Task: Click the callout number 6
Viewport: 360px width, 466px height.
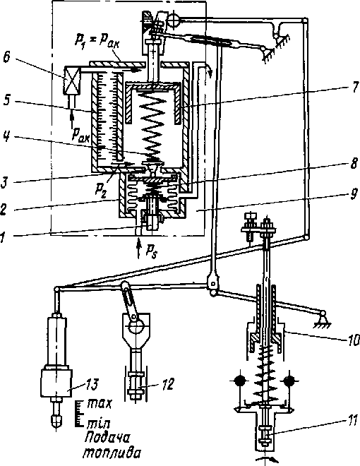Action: point(7,57)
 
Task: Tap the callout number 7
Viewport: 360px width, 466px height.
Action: point(354,88)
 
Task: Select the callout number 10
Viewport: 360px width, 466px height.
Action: point(354,340)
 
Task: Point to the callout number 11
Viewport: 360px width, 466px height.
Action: point(352,421)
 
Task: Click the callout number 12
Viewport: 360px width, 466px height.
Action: point(168,384)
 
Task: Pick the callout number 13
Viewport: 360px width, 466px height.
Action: point(91,384)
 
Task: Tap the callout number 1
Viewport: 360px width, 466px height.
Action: point(3,237)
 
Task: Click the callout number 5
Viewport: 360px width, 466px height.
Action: point(7,100)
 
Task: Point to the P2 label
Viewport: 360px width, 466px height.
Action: point(101,189)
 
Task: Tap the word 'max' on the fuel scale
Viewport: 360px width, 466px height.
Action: point(100,404)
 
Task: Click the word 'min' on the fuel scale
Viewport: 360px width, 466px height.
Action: point(100,423)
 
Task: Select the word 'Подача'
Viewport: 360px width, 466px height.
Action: point(107,438)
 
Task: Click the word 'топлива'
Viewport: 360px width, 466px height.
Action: point(111,454)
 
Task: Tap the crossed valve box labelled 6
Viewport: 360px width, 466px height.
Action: point(71,80)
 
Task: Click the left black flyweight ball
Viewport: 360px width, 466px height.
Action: point(240,381)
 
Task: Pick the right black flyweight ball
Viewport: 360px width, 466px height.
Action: point(289,381)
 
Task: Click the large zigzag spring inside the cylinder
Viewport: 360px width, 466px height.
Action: point(153,125)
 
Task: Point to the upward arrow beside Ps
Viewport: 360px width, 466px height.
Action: point(138,249)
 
